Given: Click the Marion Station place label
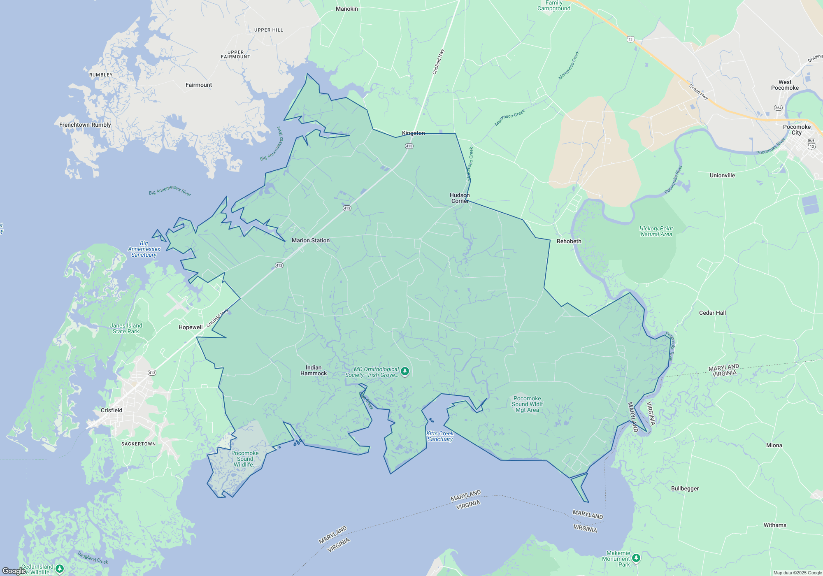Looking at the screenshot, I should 311,240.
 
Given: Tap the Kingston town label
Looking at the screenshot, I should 413,133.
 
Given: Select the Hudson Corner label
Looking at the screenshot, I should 460,198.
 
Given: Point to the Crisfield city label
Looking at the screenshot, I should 112,410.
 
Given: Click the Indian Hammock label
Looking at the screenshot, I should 314,370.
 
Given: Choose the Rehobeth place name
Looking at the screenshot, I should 569,241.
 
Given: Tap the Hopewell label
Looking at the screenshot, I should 191,327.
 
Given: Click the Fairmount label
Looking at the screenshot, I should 199,85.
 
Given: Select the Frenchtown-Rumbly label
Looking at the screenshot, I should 85,125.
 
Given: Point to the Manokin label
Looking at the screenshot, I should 347,9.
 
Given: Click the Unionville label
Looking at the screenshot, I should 722,175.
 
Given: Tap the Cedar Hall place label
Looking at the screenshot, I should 712,313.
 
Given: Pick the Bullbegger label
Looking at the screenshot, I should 685,488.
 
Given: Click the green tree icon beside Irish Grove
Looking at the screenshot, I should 405,372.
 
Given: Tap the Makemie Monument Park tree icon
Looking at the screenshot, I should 636,558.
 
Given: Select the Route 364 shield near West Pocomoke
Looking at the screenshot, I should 778,108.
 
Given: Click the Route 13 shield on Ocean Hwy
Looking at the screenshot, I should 630,39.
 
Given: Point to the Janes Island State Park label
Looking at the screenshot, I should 126,328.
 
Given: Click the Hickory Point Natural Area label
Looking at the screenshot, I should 656,231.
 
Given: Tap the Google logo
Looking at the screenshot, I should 14,571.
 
